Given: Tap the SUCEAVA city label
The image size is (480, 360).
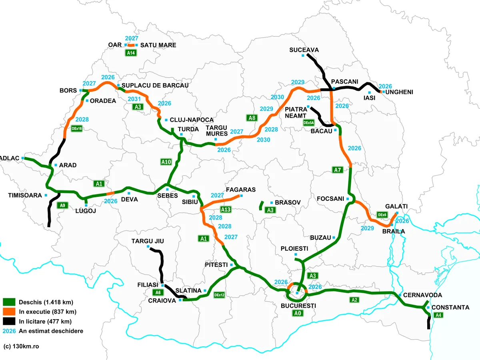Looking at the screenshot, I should tap(304, 50).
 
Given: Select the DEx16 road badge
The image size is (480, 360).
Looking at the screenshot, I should tap(76, 129).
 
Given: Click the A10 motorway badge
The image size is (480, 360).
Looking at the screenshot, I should tap(166, 162).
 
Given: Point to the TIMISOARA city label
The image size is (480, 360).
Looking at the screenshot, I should tap(25, 195).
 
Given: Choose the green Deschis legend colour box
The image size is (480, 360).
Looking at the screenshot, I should tap(8, 302).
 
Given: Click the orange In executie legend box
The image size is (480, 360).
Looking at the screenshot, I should tap(8, 312).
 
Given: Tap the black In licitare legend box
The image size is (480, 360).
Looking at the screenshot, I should tap(8, 321).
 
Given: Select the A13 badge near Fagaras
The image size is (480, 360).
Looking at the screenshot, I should tap(226, 209).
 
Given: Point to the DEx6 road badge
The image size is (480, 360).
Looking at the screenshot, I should tap(382, 215).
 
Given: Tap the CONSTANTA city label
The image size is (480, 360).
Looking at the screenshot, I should tap(451, 307).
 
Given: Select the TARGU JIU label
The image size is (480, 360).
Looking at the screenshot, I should tap(148, 241).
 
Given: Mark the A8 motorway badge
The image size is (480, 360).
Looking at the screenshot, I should tap(252, 118).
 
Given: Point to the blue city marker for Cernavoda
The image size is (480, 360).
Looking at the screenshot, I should tap(400, 295).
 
